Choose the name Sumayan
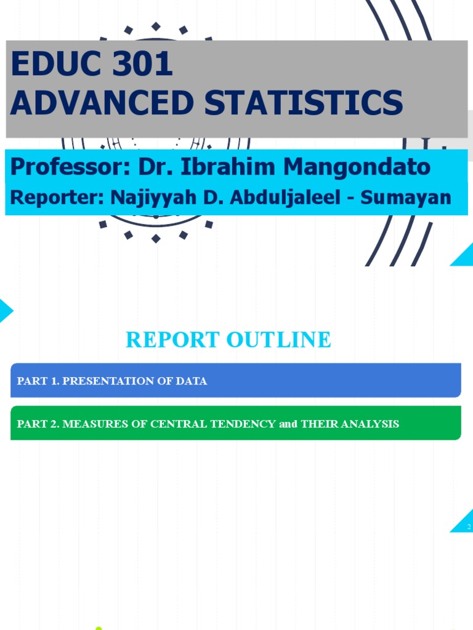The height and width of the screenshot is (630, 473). [406, 197]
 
